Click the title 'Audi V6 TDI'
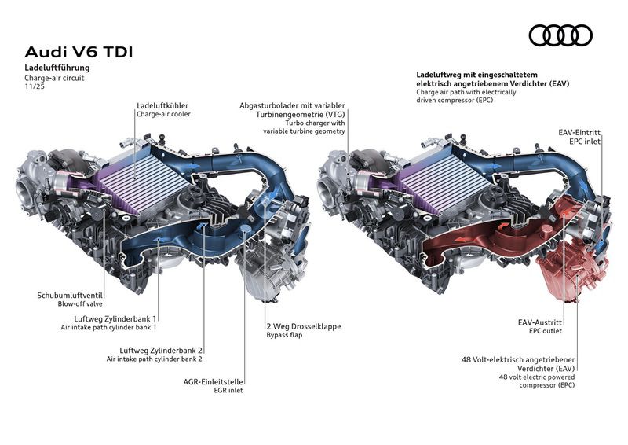point(79,53)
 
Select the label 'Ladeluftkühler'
point(162,105)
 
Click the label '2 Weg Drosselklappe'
point(303,326)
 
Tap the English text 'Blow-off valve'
point(80,304)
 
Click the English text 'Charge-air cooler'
point(163,114)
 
